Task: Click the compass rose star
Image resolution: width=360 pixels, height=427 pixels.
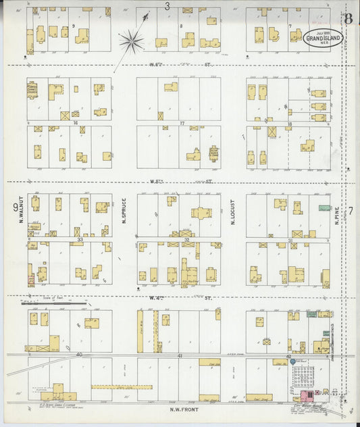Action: pyautogui.click(x=131, y=41)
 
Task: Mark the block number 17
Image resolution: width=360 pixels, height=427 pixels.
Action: pyautogui.click(x=182, y=124)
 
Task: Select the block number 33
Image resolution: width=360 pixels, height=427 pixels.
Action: pyautogui.click(x=80, y=239)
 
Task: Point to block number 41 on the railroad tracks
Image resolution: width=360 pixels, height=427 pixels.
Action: pyautogui.click(x=180, y=355)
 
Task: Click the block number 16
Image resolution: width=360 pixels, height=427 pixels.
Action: pyautogui.click(x=77, y=124)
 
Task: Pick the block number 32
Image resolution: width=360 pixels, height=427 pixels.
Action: pyautogui.click(x=186, y=239)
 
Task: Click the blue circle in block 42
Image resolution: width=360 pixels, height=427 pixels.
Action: pyautogui.click(x=292, y=361)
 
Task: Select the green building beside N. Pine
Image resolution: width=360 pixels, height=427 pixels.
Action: pyautogui.click(x=322, y=211)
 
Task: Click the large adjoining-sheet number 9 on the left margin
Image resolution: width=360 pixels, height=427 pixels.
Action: pyautogui.click(x=14, y=207)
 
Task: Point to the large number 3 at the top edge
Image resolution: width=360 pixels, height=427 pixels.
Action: pyautogui.click(x=167, y=5)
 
